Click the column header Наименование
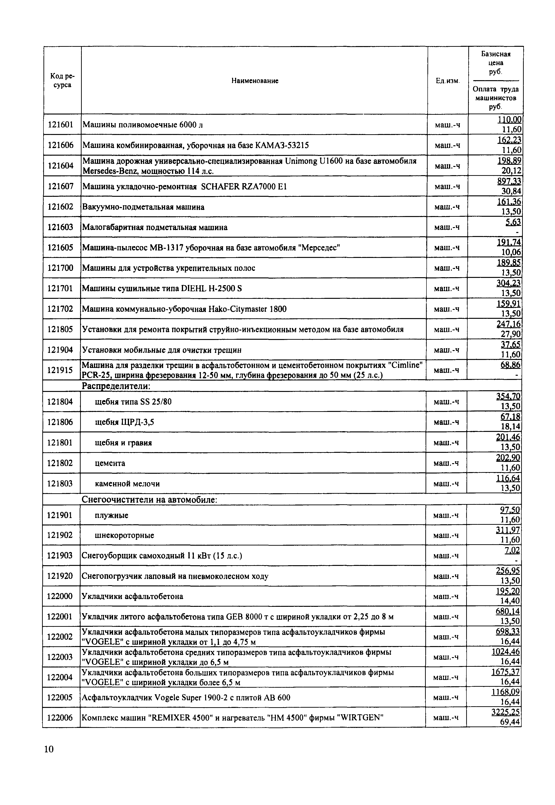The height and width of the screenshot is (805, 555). coord(255,81)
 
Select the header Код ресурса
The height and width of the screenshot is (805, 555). coord(63,80)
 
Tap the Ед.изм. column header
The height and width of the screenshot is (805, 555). coord(448,81)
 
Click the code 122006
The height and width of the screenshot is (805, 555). coord(60,717)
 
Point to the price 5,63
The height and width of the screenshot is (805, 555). coord(513,222)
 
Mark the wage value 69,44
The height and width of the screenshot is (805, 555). coord(510,722)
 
